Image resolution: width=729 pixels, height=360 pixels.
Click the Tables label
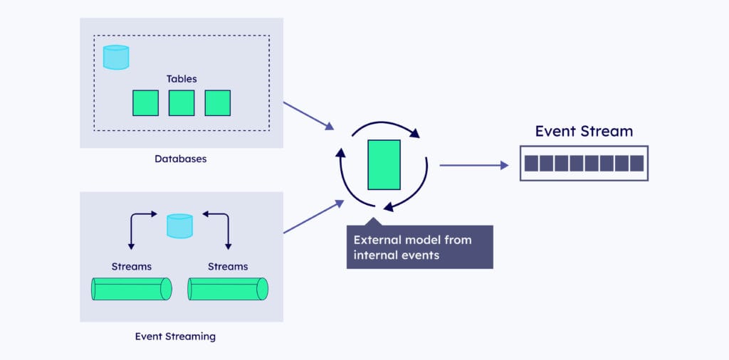[x=182, y=78]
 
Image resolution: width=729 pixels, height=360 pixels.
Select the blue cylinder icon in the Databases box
[x=116, y=57]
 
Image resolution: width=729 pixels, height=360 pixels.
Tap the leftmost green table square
[x=145, y=102]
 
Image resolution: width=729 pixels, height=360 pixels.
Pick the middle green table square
[x=182, y=102]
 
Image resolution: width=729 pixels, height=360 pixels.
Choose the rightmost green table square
[x=217, y=102]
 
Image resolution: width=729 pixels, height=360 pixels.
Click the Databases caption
[x=181, y=159]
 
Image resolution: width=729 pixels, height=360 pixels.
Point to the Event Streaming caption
[x=175, y=336]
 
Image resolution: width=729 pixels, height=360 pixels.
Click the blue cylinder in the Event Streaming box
[x=179, y=226]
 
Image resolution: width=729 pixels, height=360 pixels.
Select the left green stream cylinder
[x=132, y=289]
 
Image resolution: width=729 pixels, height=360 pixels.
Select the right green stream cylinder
[x=228, y=289]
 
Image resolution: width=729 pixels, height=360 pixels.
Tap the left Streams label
[x=132, y=267]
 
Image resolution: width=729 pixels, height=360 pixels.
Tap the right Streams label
[x=228, y=267]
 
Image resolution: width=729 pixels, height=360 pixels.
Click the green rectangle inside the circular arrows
[x=384, y=164]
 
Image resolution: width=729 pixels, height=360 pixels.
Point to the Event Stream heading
[x=584, y=131]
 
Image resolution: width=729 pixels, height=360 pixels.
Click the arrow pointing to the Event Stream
[x=473, y=165]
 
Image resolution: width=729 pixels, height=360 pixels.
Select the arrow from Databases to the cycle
[x=308, y=115]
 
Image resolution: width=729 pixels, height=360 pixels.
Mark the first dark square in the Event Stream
[x=531, y=164]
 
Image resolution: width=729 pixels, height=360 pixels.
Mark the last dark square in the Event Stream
[x=636, y=164]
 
